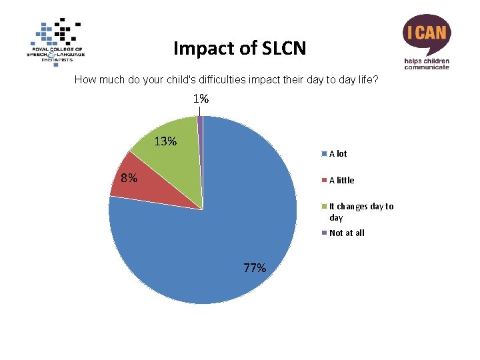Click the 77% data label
(x=255, y=268)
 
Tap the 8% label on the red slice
(x=129, y=178)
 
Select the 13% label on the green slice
(x=165, y=141)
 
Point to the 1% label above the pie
(x=201, y=99)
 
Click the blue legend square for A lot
(x=324, y=154)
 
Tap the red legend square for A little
(x=324, y=180)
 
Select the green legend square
(x=324, y=206)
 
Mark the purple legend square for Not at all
(x=324, y=233)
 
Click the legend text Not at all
(x=347, y=233)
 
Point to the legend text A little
(x=341, y=180)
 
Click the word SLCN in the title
(x=284, y=48)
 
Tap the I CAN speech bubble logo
(x=427, y=34)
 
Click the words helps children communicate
(x=427, y=64)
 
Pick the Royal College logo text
(x=56, y=55)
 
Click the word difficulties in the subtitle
(x=222, y=79)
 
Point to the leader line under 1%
(x=200, y=111)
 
